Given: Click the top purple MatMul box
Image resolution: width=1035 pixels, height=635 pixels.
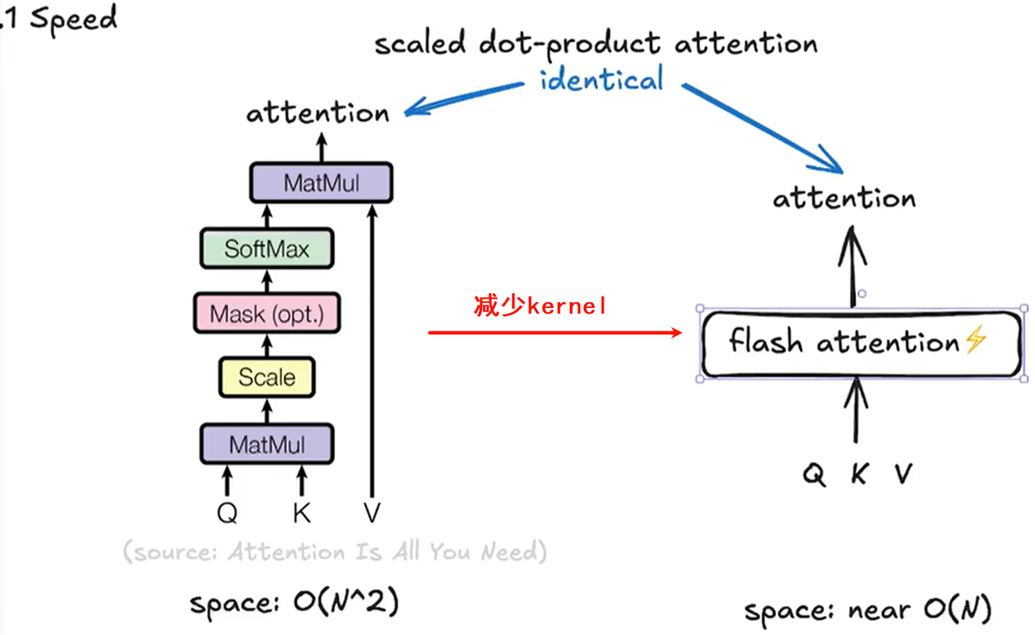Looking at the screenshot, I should [321, 183].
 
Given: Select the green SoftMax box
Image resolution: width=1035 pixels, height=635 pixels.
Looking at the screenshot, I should [267, 248].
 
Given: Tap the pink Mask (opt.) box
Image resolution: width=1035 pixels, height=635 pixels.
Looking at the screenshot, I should [267, 314].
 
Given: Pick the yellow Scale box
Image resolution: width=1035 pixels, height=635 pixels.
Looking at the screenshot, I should [266, 377].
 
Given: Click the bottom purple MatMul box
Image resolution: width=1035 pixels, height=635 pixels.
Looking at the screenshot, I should [267, 444].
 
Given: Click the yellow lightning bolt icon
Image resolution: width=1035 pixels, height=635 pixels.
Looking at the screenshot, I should [976, 338].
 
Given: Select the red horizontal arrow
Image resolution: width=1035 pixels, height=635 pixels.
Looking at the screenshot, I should [554, 332].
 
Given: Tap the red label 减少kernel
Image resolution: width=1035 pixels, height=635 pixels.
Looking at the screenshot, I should [540, 306].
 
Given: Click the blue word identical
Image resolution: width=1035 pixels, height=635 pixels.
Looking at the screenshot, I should [601, 79].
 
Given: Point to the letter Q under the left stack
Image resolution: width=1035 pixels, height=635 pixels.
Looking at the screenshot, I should [227, 513].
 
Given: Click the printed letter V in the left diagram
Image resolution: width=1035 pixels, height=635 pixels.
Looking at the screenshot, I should [372, 513].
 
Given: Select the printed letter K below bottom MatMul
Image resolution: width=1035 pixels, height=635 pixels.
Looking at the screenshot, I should [302, 513].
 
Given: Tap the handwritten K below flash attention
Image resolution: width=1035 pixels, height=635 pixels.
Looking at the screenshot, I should [860, 474].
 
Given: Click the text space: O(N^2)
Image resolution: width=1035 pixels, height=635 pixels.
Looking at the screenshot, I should [294, 603].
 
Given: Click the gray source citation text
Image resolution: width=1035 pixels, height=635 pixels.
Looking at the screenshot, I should [335, 552].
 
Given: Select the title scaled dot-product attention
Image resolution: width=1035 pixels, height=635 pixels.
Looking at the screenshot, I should [596, 43].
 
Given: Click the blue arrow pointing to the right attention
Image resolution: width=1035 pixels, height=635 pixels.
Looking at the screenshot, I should [764, 129].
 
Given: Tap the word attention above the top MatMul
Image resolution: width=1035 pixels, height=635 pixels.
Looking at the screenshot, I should [318, 112].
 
